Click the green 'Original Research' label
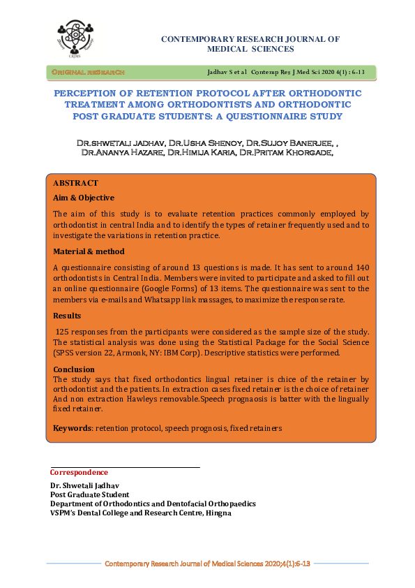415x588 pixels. tap(87, 72)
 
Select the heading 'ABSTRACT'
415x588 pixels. tap(76, 183)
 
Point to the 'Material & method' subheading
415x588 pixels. tap(89, 251)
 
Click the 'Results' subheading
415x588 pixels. tap(68, 316)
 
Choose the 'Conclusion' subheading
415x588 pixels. tap(74, 369)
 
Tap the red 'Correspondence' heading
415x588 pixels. tap(79, 473)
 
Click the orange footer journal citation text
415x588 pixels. tap(207, 562)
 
